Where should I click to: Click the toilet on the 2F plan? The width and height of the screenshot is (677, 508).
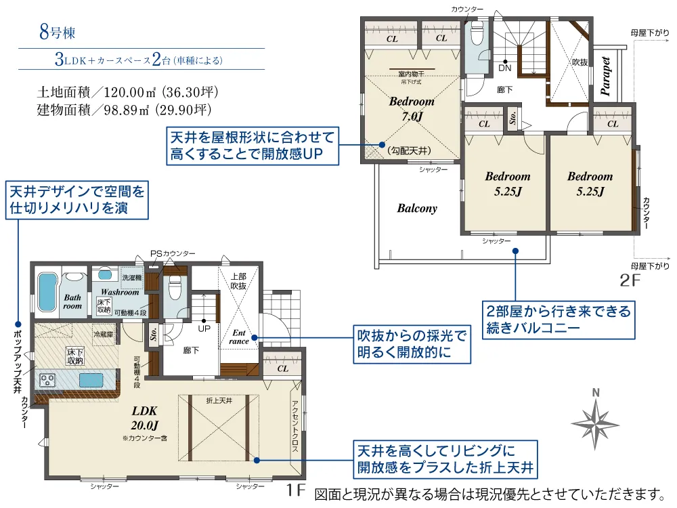click(x=475, y=34)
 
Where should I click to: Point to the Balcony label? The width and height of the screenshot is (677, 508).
click(x=417, y=209)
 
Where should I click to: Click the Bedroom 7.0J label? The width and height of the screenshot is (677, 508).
click(x=412, y=108)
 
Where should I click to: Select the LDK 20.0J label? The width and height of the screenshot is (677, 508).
click(x=144, y=418)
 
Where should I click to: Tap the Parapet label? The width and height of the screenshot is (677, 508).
click(x=606, y=77)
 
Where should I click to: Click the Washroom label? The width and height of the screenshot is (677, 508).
click(x=120, y=292)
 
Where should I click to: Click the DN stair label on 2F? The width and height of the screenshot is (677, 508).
click(x=505, y=68)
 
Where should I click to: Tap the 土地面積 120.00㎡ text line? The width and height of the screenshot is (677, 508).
click(x=127, y=91)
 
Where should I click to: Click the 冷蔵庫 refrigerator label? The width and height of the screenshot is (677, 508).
click(x=103, y=334)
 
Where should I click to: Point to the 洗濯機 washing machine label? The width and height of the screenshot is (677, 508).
click(x=131, y=278)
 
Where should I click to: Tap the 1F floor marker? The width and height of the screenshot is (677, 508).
click(x=296, y=489)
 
